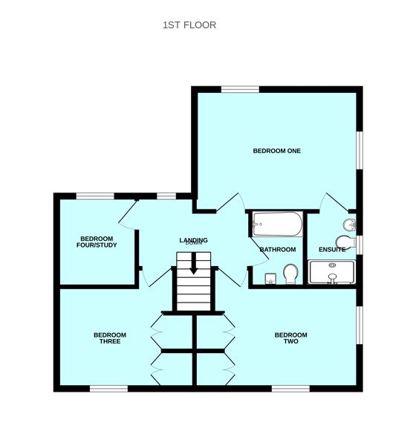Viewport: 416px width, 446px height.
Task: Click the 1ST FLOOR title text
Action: click(x=189, y=25)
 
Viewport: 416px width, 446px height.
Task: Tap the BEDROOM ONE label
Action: click(x=276, y=151)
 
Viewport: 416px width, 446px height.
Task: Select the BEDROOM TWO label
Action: click(x=290, y=338)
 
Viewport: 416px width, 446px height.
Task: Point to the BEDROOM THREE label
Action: click(x=110, y=338)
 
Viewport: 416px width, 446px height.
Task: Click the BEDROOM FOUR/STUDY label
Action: click(x=97, y=242)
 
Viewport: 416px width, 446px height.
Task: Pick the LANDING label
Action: click(x=193, y=240)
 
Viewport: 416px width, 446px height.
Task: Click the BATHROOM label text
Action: click(x=278, y=250)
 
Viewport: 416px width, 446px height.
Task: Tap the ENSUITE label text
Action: click(x=332, y=250)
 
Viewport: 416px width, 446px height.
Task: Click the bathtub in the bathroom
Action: click(x=277, y=224)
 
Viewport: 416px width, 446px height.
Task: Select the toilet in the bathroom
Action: click(x=290, y=274)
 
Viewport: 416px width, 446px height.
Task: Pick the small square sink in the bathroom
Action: click(x=271, y=278)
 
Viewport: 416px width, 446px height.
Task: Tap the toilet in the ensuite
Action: click(x=345, y=242)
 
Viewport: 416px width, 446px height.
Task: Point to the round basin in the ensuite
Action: click(x=349, y=224)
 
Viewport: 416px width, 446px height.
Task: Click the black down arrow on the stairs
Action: click(x=193, y=265)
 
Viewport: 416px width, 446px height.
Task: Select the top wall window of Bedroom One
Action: click(x=240, y=89)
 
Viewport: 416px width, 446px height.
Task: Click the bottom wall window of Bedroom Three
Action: click(x=109, y=388)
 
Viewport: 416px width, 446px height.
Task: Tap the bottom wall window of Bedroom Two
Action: click(x=290, y=388)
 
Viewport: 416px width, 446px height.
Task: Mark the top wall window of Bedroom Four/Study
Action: click(x=95, y=196)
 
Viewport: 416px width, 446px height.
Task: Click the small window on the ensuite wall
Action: click(x=360, y=245)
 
